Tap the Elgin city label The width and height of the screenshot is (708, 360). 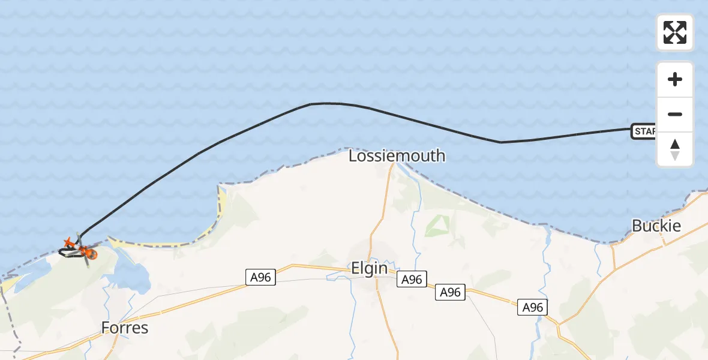(369, 268)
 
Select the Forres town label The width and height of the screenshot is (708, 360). (125, 328)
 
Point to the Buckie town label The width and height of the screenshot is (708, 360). (656, 226)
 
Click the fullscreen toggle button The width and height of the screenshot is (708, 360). (675, 32)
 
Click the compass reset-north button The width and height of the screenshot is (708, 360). (675, 149)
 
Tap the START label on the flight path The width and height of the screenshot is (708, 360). (643, 131)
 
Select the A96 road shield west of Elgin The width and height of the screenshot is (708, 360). (260, 277)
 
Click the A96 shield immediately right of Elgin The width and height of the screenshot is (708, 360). (412, 280)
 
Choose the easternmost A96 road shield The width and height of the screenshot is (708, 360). (532, 307)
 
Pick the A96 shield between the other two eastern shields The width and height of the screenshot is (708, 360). (451, 292)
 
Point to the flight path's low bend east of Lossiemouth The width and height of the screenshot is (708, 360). (500, 142)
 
